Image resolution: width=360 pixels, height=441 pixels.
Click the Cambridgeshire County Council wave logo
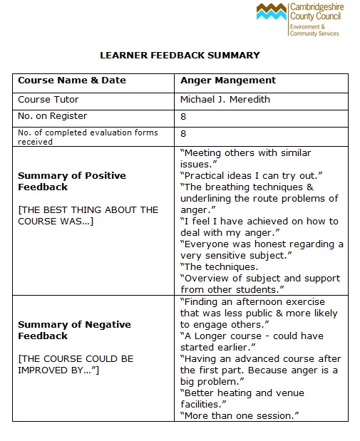[x=272, y=13]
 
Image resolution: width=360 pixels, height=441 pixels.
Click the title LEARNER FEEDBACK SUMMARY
[x=180, y=55]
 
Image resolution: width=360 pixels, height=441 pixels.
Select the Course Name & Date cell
[x=71, y=81]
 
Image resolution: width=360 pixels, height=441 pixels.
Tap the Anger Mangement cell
[x=228, y=81]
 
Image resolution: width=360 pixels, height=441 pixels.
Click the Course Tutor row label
[x=48, y=99]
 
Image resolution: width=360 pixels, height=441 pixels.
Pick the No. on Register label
[x=52, y=116]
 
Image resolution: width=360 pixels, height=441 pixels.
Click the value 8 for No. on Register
[x=183, y=116]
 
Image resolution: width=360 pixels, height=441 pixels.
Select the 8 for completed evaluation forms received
[x=183, y=133]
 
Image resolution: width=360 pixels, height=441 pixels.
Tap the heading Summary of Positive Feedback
[x=71, y=181]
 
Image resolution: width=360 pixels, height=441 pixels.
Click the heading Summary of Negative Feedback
[x=74, y=330]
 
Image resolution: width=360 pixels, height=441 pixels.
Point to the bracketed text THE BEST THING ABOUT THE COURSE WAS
[x=88, y=215]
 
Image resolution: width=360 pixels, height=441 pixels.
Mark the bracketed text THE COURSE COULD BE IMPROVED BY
[x=76, y=364]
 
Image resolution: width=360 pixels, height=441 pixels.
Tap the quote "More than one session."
[x=239, y=415]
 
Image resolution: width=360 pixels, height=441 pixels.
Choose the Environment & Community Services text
[x=314, y=29]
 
